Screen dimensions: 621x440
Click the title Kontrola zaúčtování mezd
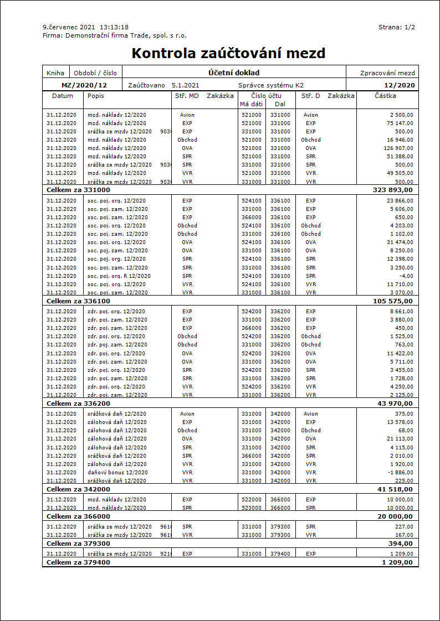pos(228,53)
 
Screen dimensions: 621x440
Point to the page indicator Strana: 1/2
pos(397,27)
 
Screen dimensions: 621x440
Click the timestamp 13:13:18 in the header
pos(114,27)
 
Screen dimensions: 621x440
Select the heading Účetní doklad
pos(234,73)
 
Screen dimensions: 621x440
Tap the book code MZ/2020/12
pos(84,85)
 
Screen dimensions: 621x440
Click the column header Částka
pos(385,96)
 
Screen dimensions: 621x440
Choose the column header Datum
pos(62,96)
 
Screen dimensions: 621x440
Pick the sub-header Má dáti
pos(251,104)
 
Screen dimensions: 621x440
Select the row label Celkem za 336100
pos(78,301)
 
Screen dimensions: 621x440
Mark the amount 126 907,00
pos(398,148)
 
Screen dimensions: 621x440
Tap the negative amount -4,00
pos(406,276)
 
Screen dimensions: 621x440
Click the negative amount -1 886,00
pos(400,473)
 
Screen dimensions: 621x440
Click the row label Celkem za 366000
pos(78,516)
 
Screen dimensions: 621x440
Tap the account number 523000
pos(252,508)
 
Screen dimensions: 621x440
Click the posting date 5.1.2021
pos(185,85)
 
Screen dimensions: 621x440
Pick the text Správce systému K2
pos(270,85)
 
